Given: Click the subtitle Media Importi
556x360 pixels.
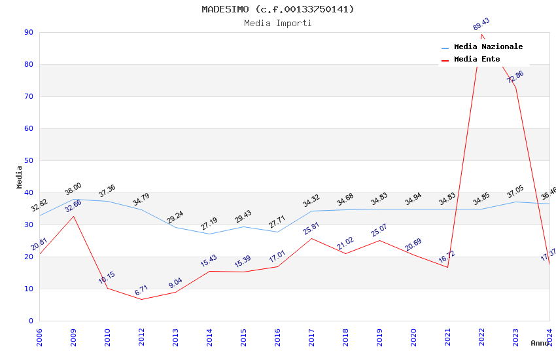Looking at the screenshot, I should (277, 23).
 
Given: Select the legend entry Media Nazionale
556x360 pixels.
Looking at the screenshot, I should (488, 46).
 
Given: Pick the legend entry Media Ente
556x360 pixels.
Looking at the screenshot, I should (477, 59).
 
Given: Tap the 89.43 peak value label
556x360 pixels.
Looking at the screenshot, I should (481, 24).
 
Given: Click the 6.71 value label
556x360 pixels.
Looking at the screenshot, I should (141, 291).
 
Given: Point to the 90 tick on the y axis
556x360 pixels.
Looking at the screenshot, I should (29, 32).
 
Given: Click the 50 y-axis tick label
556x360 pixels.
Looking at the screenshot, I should (29, 160).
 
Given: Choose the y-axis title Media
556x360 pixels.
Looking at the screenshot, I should (20, 177).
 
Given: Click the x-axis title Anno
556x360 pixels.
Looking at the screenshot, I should (540, 343).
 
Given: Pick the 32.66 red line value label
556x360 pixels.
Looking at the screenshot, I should (73, 206).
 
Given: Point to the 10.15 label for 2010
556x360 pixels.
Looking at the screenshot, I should (107, 278).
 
